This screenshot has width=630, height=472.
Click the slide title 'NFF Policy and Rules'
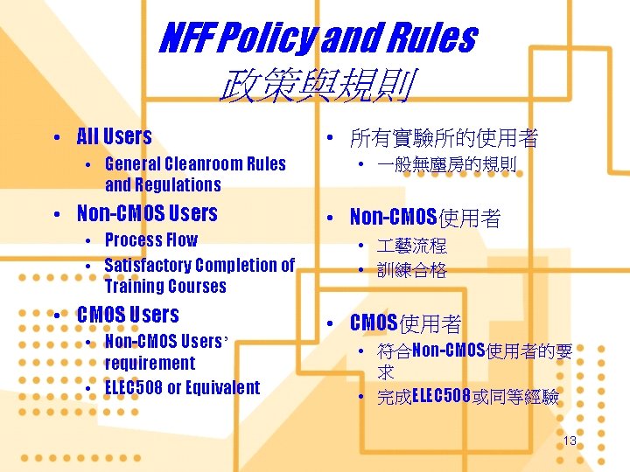(x=317, y=38)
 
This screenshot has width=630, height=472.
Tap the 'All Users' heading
(x=114, y=136)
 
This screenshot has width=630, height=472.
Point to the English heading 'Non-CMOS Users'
(x=147, y=213)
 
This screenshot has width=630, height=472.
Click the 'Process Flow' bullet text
(x=150, y=239)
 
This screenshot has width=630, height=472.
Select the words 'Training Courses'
(x=164, y=286)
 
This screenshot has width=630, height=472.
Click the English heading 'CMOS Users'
(x=128, y=315)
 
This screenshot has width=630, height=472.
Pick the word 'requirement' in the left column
(x=150, y=363)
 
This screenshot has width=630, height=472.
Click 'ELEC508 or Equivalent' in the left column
(x=182, y=387)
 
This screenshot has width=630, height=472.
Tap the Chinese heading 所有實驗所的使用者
(x=443, y=138)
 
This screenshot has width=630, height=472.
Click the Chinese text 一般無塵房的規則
(x=447, y=164)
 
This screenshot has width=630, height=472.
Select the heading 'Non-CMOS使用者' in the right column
(x=424, y=218)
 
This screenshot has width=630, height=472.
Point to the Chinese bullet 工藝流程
(x=412, y=246)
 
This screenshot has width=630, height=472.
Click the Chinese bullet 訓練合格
(x=412, y=270)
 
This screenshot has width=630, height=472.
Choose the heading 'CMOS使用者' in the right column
(x=405, y=323)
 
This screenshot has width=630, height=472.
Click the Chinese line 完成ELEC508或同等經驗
(x=468, y=398)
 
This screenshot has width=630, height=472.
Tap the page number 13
(x=570, y=441)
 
